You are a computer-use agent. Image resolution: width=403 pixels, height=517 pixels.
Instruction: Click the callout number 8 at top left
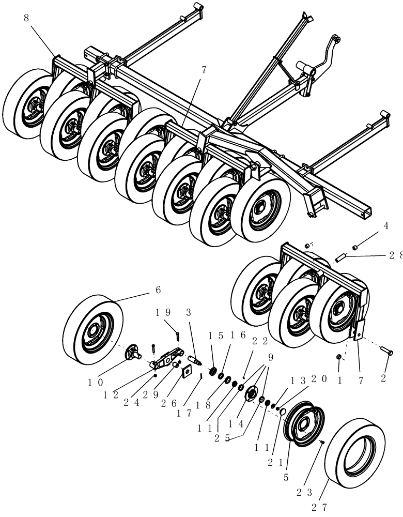tap(27, 18)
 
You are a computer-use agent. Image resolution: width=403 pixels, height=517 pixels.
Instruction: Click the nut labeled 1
tap(339, 357)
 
